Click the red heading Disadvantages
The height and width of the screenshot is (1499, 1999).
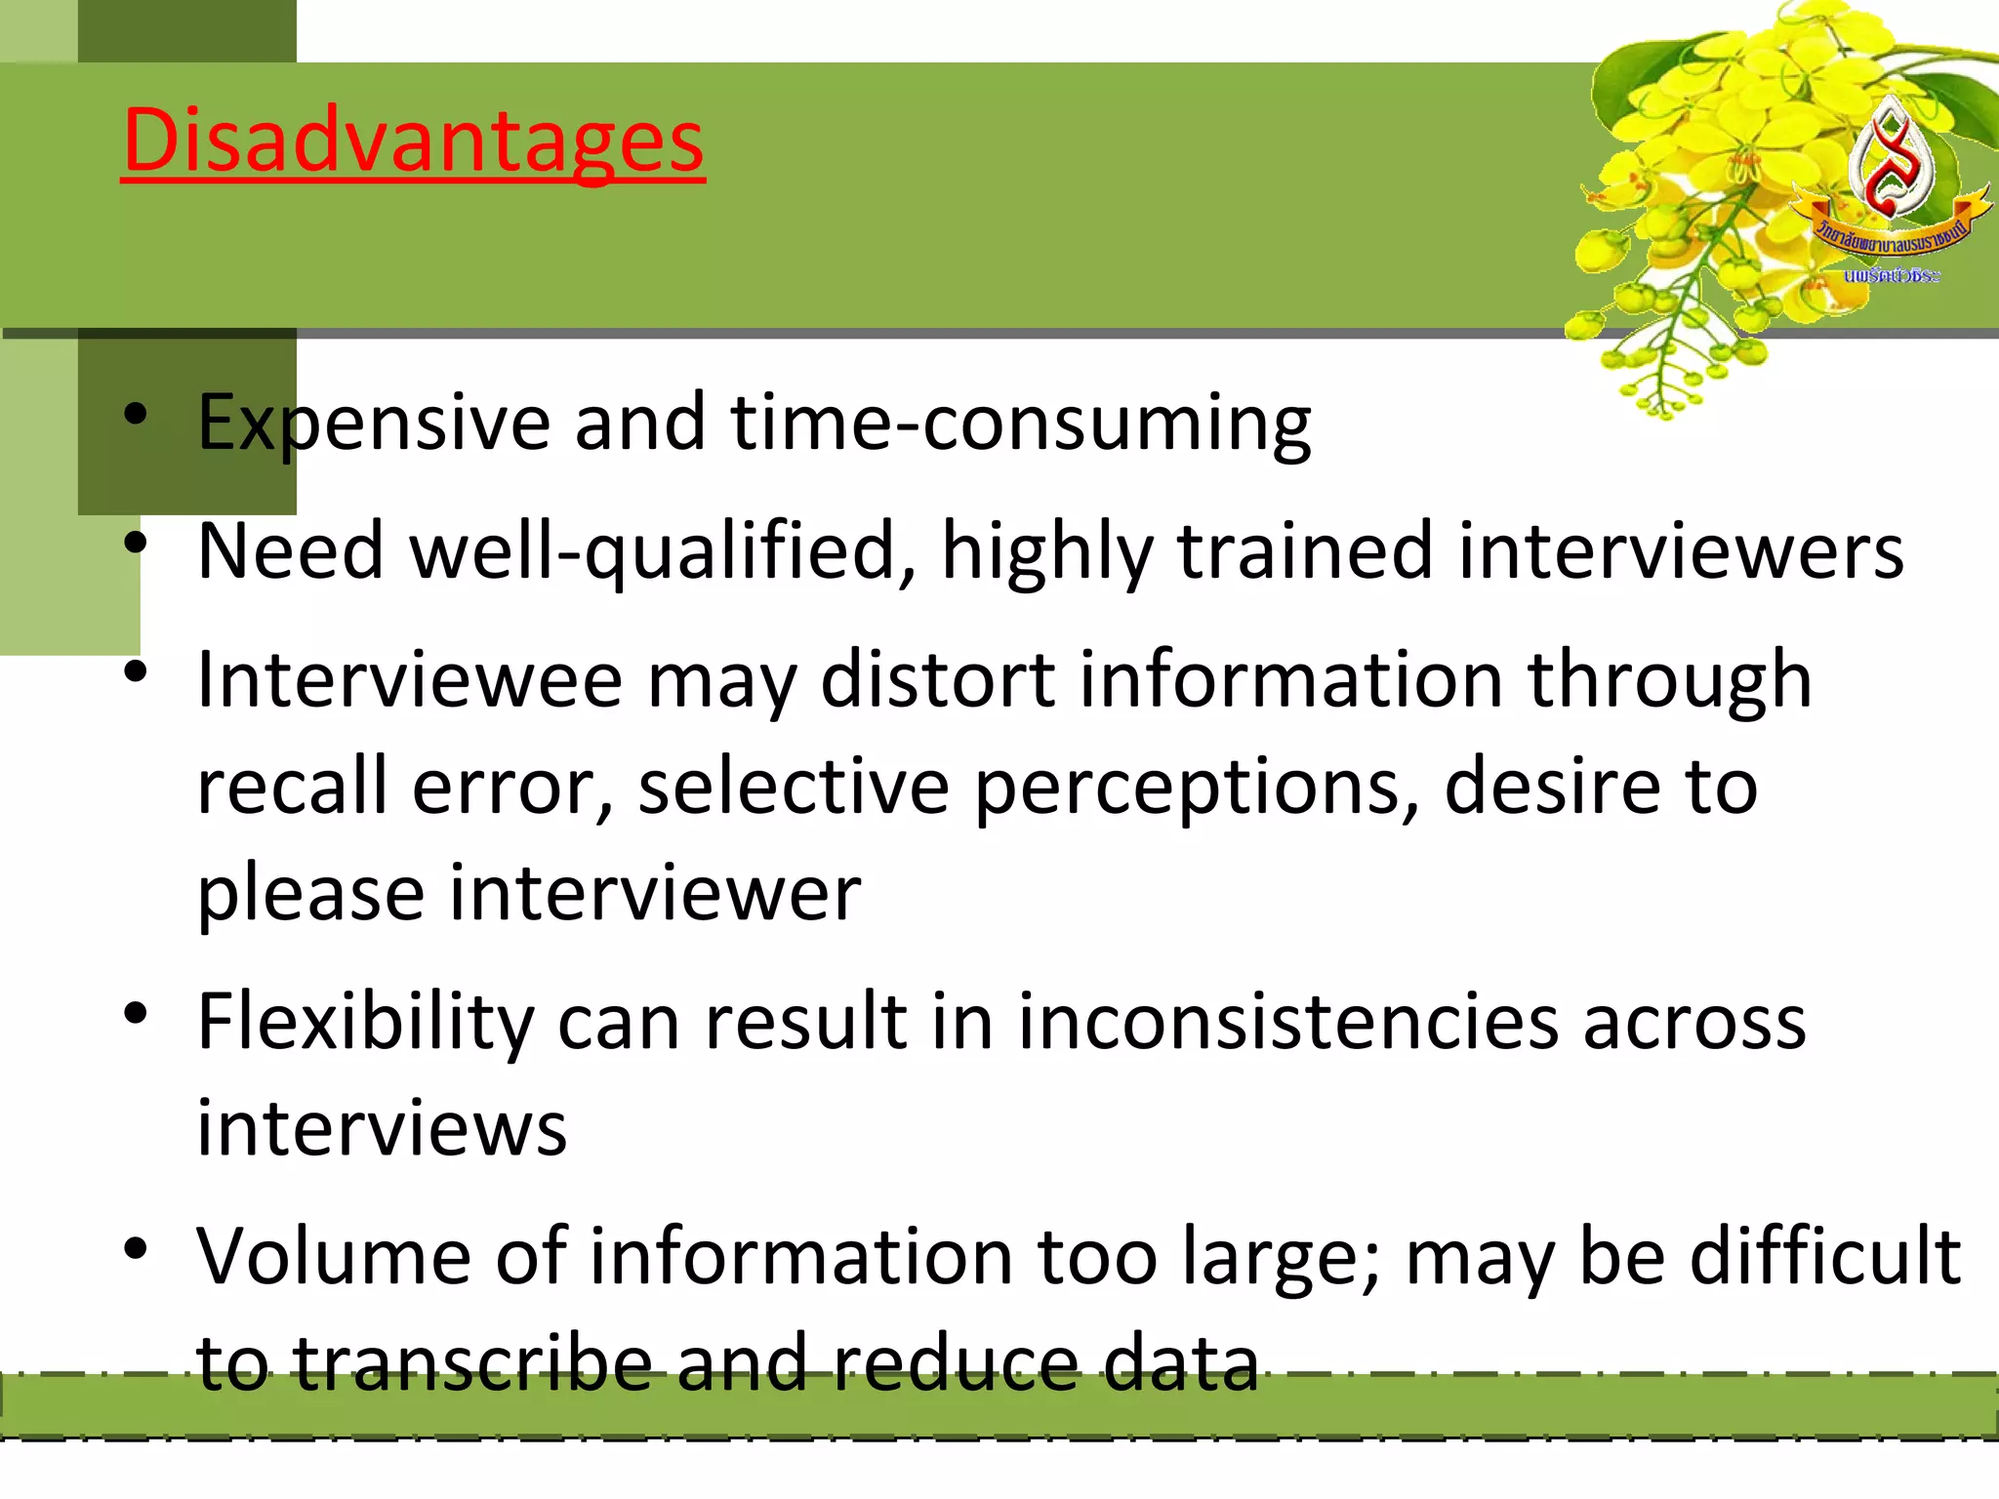coord(413,142)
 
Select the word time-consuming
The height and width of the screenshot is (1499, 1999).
coord(1021,423)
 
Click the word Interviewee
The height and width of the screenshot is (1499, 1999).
coord(409,680)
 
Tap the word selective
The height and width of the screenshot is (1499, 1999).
coord(794,787)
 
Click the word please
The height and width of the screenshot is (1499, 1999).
coord(310,894)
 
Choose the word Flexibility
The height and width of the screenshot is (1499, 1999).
coord(365,1022)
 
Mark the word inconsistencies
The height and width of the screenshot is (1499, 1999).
coord(1287,1022)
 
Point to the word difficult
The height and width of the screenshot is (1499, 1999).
coord(1824,1257)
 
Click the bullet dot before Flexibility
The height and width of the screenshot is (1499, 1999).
coord(136,1014)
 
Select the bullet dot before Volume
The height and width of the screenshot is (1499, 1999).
coord(136,1248)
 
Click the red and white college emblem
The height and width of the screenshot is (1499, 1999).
coord(1891,161)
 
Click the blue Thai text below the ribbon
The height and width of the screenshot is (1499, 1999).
coord(1891,276)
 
